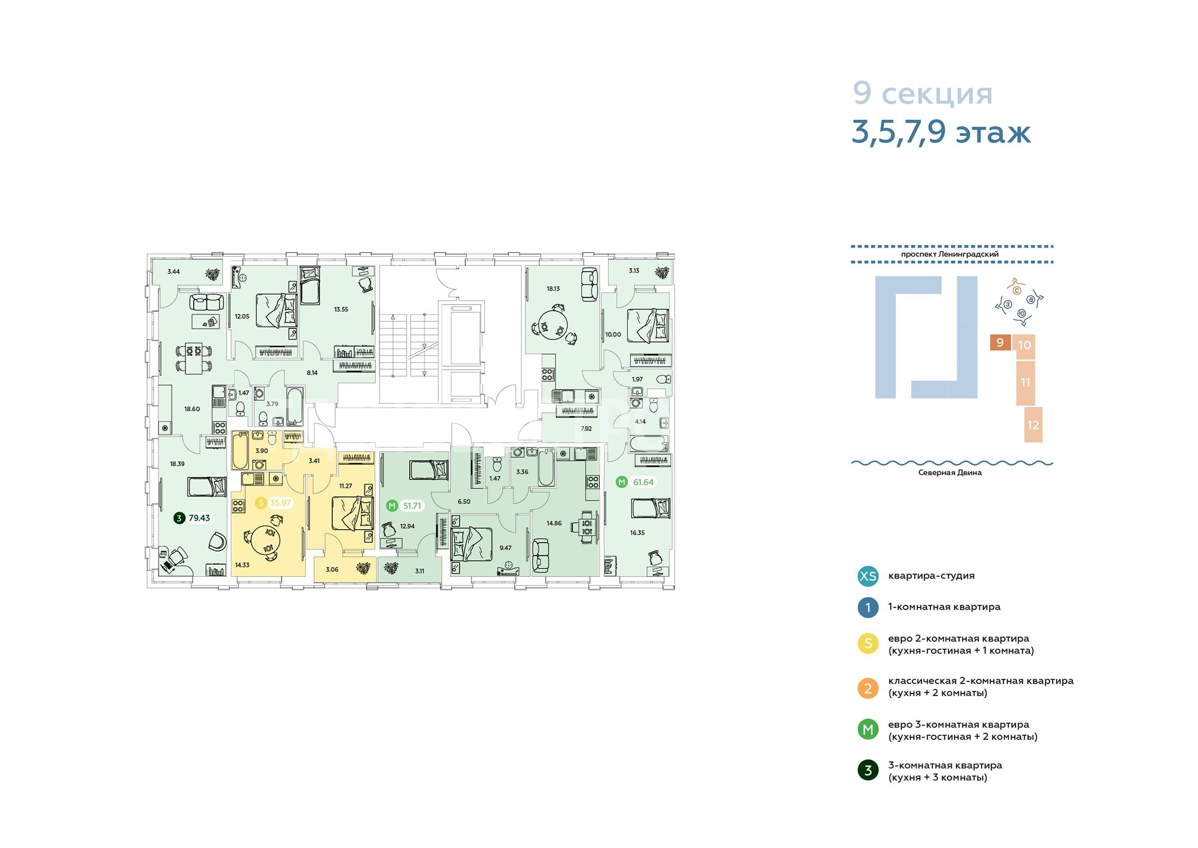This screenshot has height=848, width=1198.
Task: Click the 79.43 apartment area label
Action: pyautogui.click(x=199, y=518)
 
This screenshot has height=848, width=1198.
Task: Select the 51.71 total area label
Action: pyautogui.click(x=412, y=506)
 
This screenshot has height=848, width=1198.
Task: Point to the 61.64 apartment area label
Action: pyautogui.click(x=643, y=482)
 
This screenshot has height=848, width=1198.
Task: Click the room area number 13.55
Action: pyautogui.click(x=341, y=309)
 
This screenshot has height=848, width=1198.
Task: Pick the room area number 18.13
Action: pyautogui.click(x=553, y=288)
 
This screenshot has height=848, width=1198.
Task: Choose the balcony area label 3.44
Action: pyautogui.click(x=173, y=271)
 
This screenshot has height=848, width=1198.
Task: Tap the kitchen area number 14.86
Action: pyautogui.click(x=554, y=523)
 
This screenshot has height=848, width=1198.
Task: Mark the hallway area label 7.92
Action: pyautogui.click(x=586, y=429)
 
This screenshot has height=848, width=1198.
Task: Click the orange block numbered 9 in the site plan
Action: pyautogui.click(x=1000, y=342)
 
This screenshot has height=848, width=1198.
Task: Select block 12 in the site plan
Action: pyautogui.click(x=1033, y=425)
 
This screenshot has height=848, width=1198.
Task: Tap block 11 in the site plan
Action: pyautogui.click(x=1025, y=383)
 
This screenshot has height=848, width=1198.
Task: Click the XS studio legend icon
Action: pyautogui.click(x=868, y=576)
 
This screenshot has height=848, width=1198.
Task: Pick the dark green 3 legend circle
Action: pyautogui.click(x=868, y=770)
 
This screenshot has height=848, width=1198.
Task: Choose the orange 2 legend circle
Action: pyautogui.click(x=868, y=688)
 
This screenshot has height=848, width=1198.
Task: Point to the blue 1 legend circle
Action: pyautogui.click(x=868, y=608)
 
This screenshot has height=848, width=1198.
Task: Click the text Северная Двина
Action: pyautogui.click(x=950, y=472)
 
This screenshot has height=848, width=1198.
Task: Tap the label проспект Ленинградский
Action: pyautogui.click(x=950, y=254)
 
